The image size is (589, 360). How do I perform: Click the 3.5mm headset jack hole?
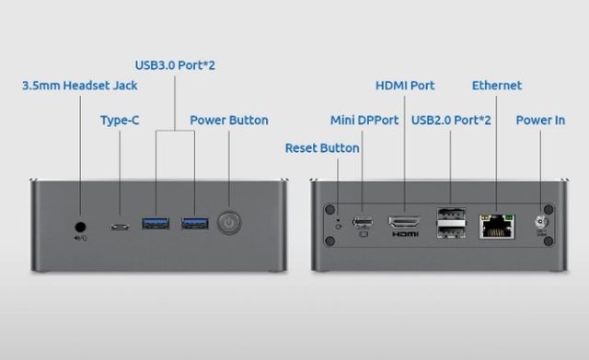80,227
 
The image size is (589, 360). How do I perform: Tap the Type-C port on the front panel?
120,226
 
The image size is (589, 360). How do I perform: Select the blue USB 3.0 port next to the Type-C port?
156,223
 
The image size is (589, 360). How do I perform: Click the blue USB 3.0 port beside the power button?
195,223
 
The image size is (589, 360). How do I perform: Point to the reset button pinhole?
338,226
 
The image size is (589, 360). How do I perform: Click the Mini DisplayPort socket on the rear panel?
363,222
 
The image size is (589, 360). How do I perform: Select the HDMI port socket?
404,222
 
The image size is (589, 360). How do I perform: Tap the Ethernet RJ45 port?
497,226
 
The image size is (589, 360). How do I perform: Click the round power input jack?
540,223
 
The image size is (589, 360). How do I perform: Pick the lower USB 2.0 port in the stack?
451,232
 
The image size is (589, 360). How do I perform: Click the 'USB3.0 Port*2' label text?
175,65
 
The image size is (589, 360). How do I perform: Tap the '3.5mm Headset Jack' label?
80,86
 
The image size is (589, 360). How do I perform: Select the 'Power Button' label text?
229,121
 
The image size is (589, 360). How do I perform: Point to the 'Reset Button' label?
322,148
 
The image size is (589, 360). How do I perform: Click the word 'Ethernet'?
497,86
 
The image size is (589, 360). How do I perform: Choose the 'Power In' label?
540,121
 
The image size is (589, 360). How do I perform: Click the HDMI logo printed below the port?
405,235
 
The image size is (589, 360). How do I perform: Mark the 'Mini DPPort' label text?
364,121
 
